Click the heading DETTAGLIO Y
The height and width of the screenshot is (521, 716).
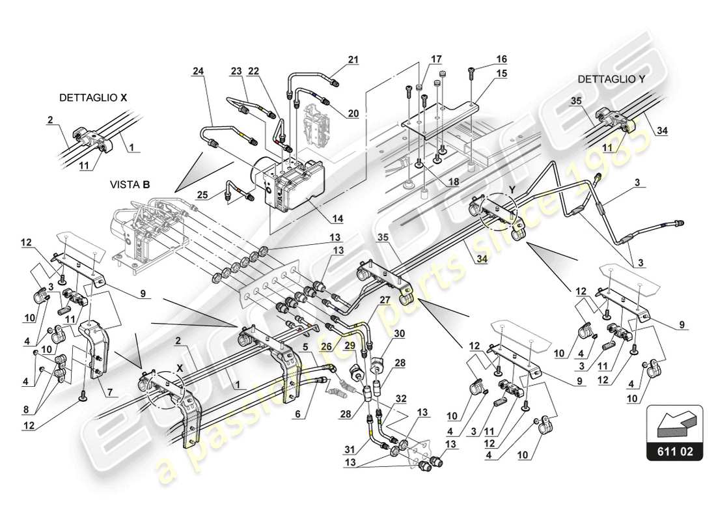pyautogui.click(x=611, y=79)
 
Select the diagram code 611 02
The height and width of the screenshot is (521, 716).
pyautogui.click(x=675, y=451)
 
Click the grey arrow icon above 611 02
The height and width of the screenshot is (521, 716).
pyautogui.click(x=674, y=423)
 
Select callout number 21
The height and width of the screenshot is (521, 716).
pyautogui.click(x=353, y=60)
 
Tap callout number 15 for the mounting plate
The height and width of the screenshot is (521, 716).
pyautogui.click(x=501, y=74)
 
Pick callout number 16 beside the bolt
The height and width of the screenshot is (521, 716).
pyautogui.click(x=501, y=59)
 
